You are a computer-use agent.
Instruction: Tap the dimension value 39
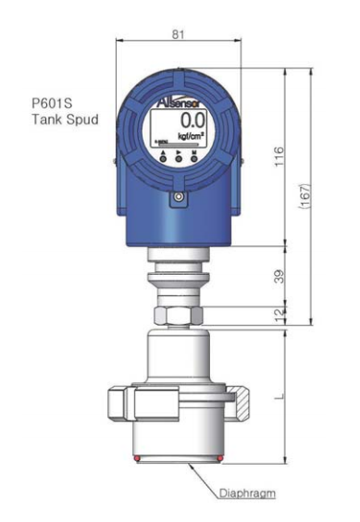point(279,275)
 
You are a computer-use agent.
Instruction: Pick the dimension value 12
point(279,316)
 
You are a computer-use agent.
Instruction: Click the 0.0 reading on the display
point(192,120)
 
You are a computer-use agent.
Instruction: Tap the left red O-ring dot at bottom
point(136,458)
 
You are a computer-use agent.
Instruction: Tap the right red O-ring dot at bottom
point(219,458)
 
